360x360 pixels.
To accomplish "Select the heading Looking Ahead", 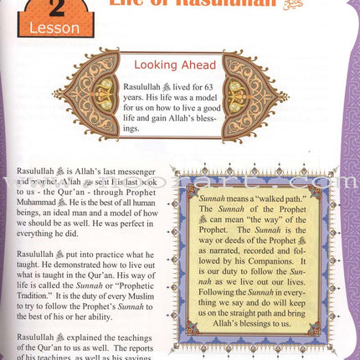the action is coord(176,64).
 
